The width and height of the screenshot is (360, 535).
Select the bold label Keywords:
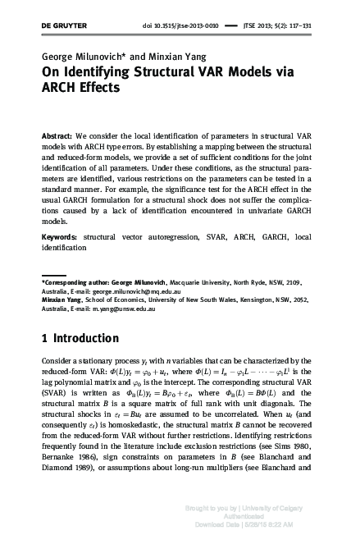tap(61, 236)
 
